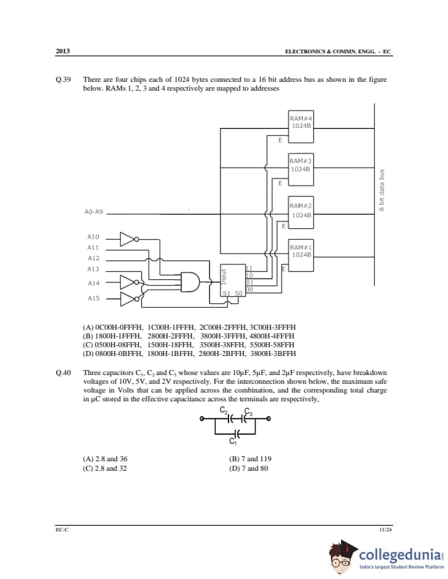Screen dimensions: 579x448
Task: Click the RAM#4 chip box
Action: pos(301,122)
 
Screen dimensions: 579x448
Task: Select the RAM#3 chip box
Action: pos(301,164)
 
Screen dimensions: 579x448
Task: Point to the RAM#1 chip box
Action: pos(301,251)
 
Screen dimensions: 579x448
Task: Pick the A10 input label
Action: pos(93,238)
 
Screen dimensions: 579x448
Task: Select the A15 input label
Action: pos(93,298)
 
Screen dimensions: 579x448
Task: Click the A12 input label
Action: pos(93,258)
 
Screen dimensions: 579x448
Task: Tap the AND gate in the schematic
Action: pos(190,281)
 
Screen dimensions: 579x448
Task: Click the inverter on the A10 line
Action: pos(127,238)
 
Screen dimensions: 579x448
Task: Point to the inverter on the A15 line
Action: pos(127,298)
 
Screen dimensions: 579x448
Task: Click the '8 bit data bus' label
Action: pos(381,192)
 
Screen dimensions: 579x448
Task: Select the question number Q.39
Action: pos(62,79)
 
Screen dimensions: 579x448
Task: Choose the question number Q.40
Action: pos(62,373)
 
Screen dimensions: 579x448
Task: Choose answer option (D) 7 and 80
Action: pos(249,468)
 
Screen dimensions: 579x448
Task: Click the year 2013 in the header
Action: pos(62,51)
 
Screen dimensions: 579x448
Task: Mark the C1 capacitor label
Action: pos(233,442)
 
